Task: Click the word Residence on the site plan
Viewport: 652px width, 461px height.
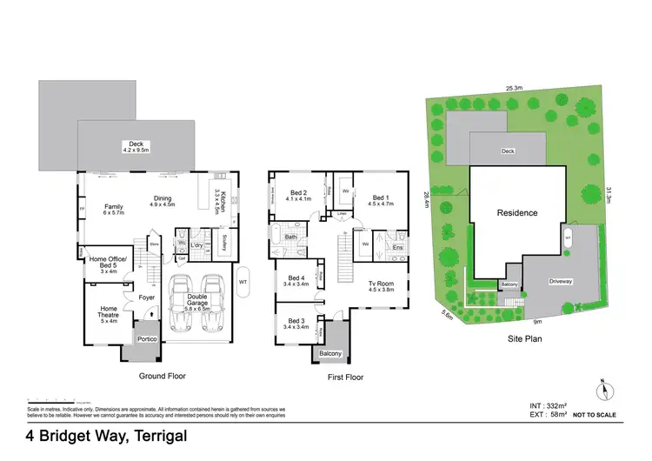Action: pos(516,212)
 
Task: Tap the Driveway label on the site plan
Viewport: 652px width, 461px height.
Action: pos(561,282)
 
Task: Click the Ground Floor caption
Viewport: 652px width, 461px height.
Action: pos(163,376)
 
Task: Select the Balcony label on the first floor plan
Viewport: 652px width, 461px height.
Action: pos(329,353)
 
